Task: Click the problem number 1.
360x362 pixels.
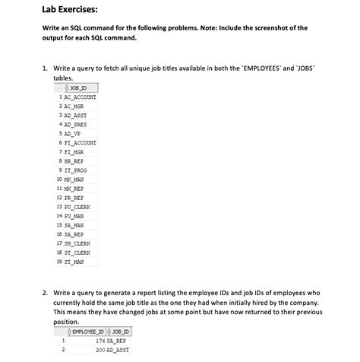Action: (x=46, y=68)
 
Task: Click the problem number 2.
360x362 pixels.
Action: (x=46, y=292)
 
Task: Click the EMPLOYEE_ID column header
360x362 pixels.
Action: (x=90, y=332)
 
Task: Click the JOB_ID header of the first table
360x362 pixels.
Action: (x=78, y=89)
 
